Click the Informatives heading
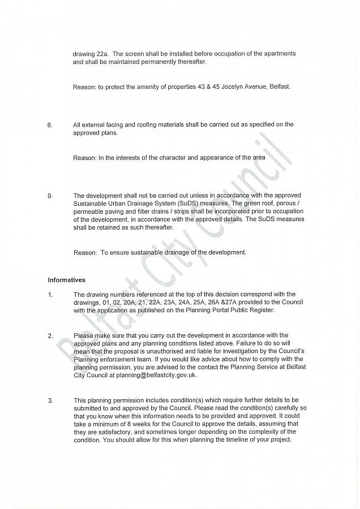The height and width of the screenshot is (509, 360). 66,280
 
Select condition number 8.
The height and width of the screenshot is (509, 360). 50,125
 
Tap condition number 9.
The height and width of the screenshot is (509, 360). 50,196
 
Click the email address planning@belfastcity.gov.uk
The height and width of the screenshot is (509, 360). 164,375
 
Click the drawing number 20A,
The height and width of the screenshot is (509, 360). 130,303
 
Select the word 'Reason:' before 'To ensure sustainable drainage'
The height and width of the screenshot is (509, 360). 85,253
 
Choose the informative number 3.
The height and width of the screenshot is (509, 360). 50,401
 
